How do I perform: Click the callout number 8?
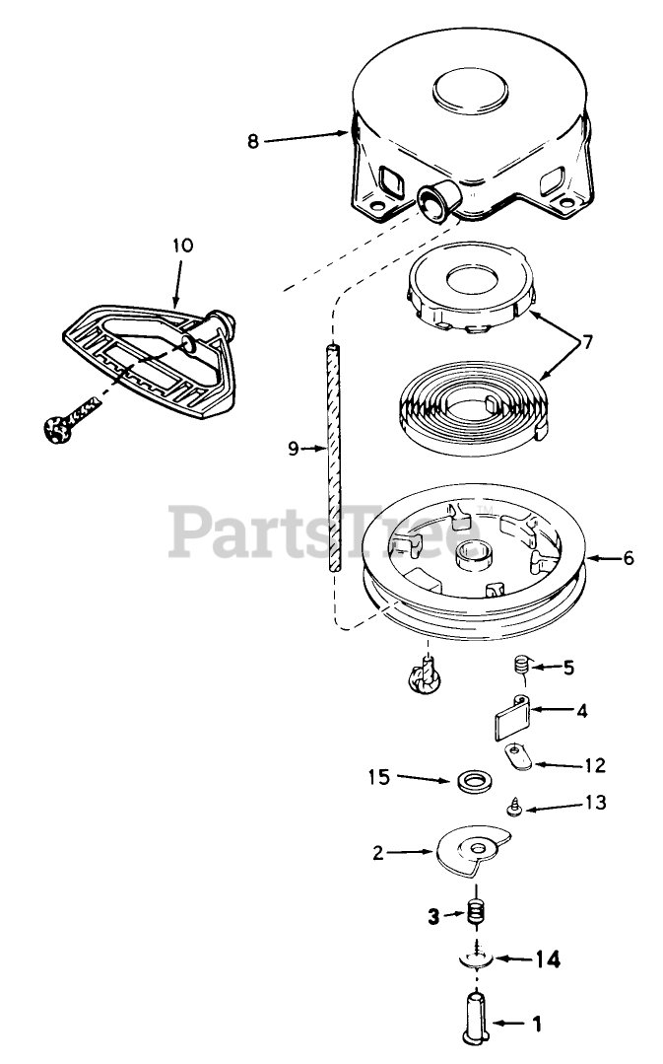253,140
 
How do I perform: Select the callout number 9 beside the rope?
293,448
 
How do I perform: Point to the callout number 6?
629,557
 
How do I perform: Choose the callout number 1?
536,1026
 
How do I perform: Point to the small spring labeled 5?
523,669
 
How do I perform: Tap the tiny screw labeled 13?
514,807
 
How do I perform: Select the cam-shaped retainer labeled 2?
469,850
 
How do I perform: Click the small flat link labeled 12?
518,759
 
